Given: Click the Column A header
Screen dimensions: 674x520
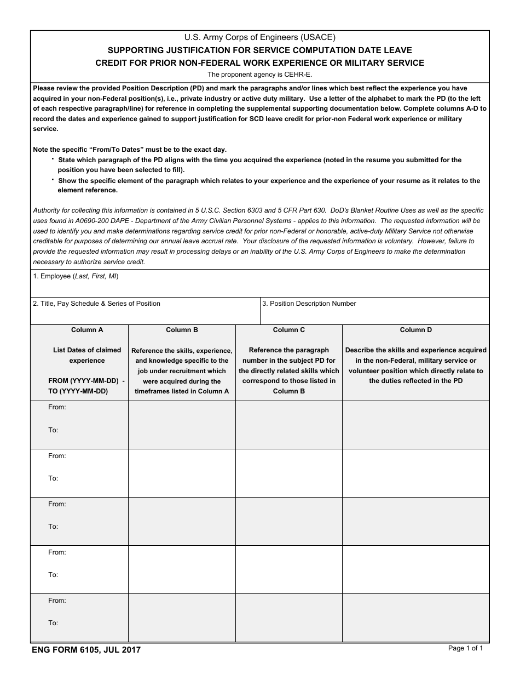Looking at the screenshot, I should tap(87, 330).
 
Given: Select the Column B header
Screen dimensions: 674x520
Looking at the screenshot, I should tap(182, 330).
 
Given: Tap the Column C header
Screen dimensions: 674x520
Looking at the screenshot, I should tap(288, 330).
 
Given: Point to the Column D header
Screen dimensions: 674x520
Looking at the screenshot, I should tap(415, 330).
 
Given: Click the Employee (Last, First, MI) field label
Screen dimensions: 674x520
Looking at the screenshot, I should tap(76, 276).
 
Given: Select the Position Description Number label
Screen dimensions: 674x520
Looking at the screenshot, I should tap(309, 304).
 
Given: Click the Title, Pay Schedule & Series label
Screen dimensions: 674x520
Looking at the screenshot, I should tap(96, 304).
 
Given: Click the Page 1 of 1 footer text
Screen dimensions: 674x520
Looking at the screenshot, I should tap(465, 648).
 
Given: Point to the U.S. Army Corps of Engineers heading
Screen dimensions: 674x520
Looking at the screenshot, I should tap(259, 38).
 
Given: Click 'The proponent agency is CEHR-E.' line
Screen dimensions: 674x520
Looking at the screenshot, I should tap(259, 75).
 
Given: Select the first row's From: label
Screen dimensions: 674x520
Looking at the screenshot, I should tap(57, 407).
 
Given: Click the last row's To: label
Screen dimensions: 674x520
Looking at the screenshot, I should tap(53, 623).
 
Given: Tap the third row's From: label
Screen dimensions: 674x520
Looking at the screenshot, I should tap(57, 504).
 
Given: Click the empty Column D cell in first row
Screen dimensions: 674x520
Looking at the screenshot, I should tap(415, 425).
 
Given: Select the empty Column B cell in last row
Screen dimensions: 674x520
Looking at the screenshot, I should tap(182, 618).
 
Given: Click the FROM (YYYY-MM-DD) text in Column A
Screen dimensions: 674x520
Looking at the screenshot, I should tap(86, 381).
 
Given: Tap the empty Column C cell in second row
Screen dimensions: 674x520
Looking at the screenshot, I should tap(288, 473).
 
